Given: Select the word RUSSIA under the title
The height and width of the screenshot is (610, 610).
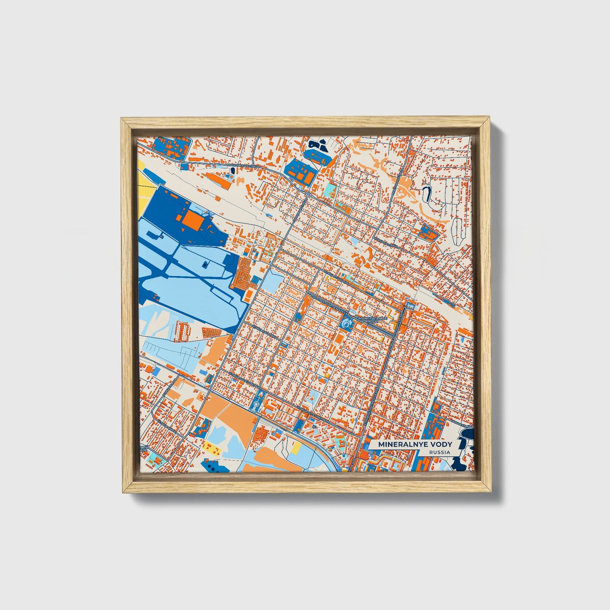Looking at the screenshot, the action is [439, 452].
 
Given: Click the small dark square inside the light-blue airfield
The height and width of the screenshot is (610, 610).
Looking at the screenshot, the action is [206, 264].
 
